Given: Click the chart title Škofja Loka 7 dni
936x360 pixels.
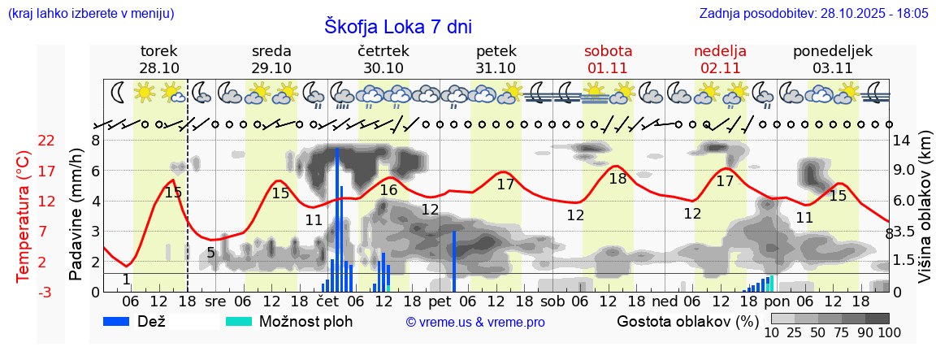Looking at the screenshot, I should tap(397, 26).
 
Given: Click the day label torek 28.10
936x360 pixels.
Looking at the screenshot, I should tap(159, 59).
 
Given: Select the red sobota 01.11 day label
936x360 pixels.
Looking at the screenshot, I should tap(608, 59).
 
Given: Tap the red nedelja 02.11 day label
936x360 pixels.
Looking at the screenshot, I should tap(720, 59).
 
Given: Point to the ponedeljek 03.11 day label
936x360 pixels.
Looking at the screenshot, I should tap(832, 59).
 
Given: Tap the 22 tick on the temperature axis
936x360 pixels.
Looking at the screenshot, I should tap(46, 141).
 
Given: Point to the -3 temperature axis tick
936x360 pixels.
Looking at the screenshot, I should tap(46, 292).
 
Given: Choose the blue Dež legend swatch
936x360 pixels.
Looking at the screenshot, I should tap(122, 321).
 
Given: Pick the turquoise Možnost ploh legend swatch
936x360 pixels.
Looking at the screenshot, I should tap(239, 321).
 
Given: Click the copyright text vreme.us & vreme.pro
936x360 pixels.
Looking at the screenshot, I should tap(475, 322).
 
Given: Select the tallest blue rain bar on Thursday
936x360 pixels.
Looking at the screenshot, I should tap(337, 219).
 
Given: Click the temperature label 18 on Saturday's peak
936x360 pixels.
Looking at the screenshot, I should tap(617, 179).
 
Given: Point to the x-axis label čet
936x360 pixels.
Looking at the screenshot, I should tap(327, 301).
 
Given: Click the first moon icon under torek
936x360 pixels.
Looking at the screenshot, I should tap(118, 93).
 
